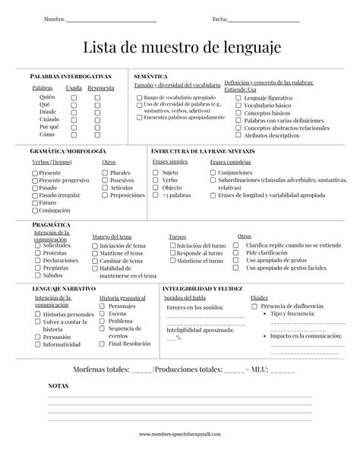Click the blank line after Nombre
(111, 19)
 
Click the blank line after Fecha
(264, 19)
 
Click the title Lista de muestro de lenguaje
(180, 47)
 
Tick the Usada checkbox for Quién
(74, 97)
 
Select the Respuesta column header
(100, 88)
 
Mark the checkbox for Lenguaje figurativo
(239, 98)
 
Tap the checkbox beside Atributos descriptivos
(239, 135)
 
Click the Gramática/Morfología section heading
(68, 151)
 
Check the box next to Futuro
(35, 203)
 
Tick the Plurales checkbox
(105, 173)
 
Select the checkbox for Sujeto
(156, 173)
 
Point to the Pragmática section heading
(51, 225)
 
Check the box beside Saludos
(38, 275)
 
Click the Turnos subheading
(177, 236)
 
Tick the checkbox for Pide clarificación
(238, 253)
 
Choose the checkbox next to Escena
(103, 314)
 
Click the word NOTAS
(58, 385)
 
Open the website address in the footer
(180, 434)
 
